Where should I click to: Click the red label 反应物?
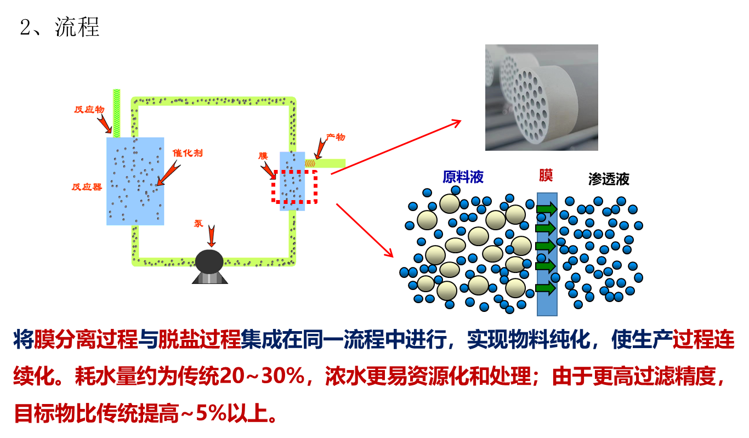coord(89,110)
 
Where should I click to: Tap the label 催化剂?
coord(188,153)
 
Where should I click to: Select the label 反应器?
coord(87,187)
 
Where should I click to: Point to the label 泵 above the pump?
coord(198,224)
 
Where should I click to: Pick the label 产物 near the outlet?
coord(336,137)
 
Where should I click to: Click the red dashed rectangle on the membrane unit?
coord(294,186)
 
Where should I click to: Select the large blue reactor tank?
coord(135,181)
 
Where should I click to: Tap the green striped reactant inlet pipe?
coord(116,112)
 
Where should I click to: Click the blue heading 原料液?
coord(463,177)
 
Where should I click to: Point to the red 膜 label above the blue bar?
coord(546,175)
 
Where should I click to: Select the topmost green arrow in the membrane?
coord(546,209)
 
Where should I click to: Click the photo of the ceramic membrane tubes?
coord(541,97)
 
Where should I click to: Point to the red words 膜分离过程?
coord(86,340)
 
